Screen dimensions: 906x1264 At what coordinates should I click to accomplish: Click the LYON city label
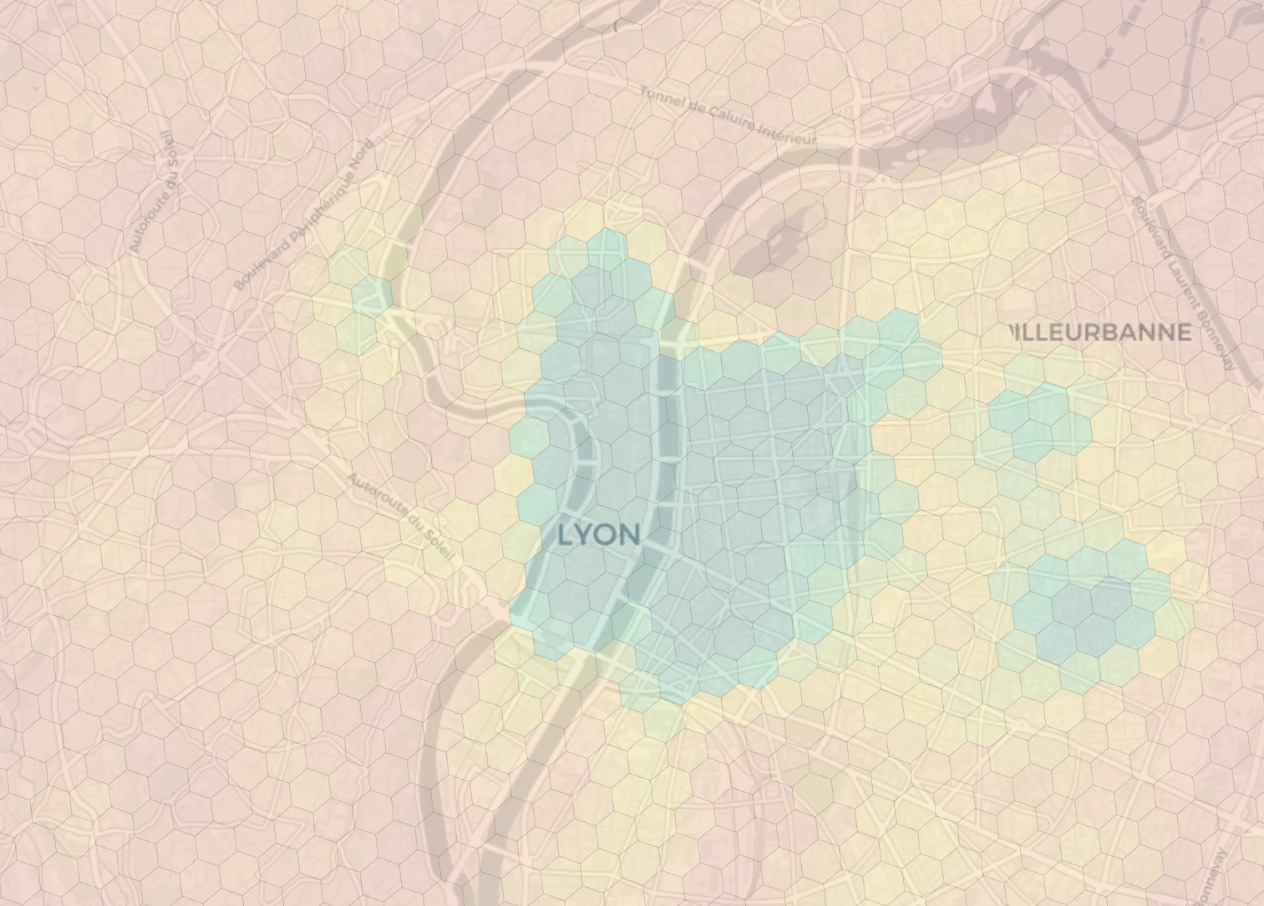tap(600, 535)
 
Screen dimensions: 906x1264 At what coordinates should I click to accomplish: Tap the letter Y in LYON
tap(585, 535)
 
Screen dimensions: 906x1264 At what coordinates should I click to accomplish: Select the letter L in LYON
tap(566, 535)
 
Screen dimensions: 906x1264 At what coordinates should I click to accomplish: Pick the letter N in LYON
tap(630, 535)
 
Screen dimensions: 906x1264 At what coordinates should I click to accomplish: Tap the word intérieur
tap(789, 134)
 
